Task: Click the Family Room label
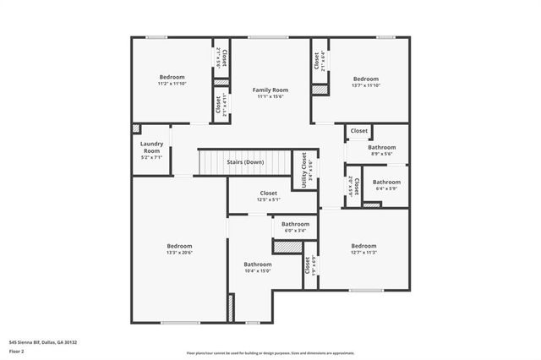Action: point(270,90)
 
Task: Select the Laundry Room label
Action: point(151,147)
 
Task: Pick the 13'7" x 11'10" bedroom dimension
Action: point(365,85)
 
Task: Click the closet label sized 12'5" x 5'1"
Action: point(269,200)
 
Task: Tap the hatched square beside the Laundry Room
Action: point(135,129)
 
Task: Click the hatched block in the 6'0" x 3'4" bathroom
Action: point(287,247)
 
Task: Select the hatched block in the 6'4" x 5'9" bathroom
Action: point(372,204)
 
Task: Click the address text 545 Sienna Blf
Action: point(42,342)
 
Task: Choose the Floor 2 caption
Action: point(16,351)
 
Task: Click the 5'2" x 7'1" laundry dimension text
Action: point(151,157)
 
